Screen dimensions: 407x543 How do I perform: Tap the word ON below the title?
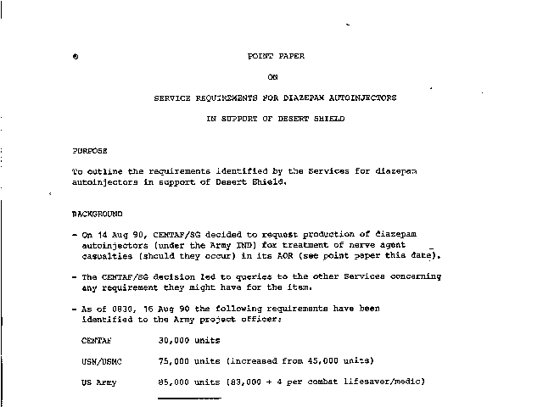pyautogui.click(x=272, y=77)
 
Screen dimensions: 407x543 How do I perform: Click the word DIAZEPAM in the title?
pyautogui.click(x=294, y=98)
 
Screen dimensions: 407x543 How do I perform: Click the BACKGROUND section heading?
pyautogui.click(x=98, y=213)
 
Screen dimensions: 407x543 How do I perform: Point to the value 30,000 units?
pyautogui.click(x=190, y=340)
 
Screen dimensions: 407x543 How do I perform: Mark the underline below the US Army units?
pyautogui.click(x=189, y=397)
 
